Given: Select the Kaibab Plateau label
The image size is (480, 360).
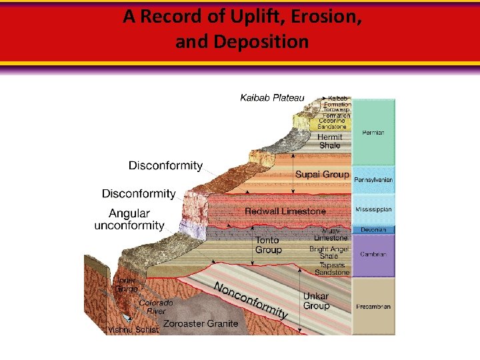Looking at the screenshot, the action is pyautogui.click(x=272, y=98).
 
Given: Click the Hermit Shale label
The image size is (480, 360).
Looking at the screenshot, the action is pyautogui.click(x=329, y=141).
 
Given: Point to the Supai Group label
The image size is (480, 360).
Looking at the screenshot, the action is pyautogui.click(x=322, y=175).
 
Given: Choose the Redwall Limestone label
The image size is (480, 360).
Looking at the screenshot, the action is pyautogui.click(x=285, y=211).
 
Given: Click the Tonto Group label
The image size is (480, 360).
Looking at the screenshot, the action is pyautogui.click(x=269, y=245).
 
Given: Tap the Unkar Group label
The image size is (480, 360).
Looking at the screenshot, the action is pyautogui.click(x=316, y=301).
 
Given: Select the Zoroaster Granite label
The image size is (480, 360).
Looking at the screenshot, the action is pyautogui.click(x=201, y=323).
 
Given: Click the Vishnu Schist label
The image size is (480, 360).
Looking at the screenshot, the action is pyautogui.click(x=133, y=330).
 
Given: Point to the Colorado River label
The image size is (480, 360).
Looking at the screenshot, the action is pyautogui.click(x=156, y=307).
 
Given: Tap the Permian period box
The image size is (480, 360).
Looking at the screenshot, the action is pyautogui.click(x=373, y=133).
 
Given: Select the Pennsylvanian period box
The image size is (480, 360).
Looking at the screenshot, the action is pyautogui.click(x=373, y=180).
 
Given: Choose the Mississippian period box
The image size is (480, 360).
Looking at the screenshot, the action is pyautogui.click(x=373, y=209).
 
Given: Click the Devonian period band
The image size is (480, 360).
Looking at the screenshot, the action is pyautogui.click(x=373, y=230).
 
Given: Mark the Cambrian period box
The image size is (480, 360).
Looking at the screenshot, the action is pyautogui.click(x=373, y=255).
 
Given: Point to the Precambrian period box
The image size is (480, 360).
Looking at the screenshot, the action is pyautogui.click(x=373, y=307).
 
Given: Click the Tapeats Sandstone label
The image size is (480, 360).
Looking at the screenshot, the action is pyautogui.click(x=333, y=268).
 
